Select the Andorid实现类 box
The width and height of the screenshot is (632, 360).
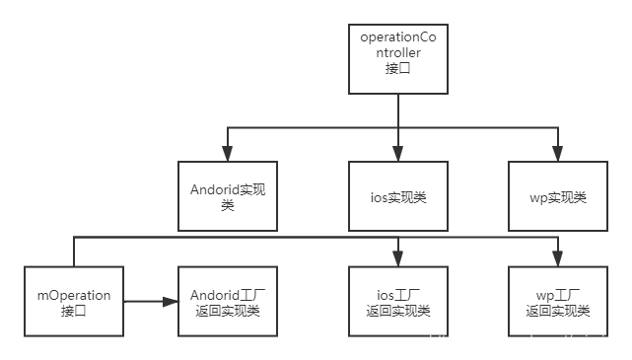[x=228, y=196]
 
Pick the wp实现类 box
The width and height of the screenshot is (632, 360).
[x=557, y=196]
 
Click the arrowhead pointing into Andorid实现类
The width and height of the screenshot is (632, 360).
[x=228, y=155]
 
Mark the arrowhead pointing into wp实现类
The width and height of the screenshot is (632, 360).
[x=557, y=155]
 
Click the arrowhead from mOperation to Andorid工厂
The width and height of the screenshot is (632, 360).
[x=171, y=303]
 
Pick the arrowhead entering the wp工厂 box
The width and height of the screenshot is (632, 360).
[x=557, y=259]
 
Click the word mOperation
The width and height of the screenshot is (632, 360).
[x=74, y=295]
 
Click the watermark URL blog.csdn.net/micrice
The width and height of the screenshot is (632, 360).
[x=527, y=341]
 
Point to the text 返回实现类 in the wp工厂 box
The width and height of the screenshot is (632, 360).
[x=557, y=311]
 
